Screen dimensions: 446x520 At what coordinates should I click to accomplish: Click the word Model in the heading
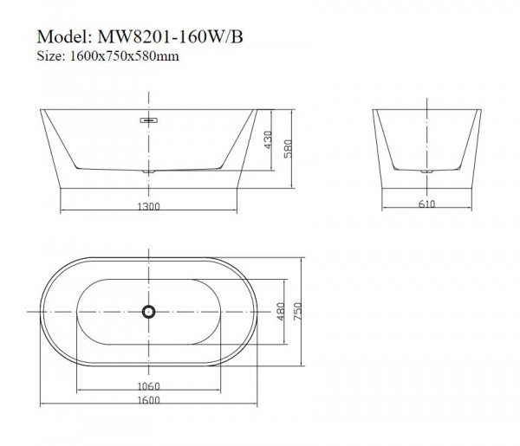63,39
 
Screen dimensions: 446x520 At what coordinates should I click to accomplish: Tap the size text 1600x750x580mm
126,56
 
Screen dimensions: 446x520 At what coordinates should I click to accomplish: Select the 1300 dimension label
148,206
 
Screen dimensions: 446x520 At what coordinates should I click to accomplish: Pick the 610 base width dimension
426,206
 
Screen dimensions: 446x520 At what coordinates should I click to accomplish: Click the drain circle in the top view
148,310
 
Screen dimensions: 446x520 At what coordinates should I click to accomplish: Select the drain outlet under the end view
426,172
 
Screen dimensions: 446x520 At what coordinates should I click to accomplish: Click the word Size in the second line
49,56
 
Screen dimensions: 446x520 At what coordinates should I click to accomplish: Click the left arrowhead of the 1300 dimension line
61,211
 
